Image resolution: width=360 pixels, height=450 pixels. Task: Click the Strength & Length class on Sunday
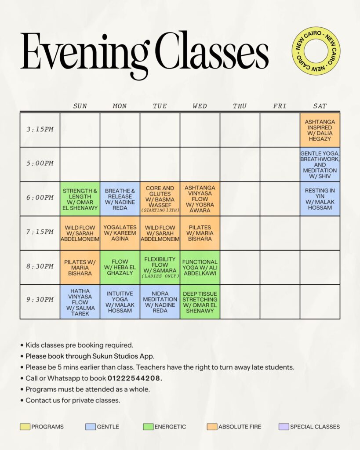tap(80, 199)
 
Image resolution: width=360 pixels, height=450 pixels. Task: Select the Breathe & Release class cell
tap(120, 199)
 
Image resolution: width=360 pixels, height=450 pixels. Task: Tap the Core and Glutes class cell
tap(160, 199)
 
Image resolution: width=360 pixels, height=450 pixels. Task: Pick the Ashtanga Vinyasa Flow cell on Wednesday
tap(200, 199)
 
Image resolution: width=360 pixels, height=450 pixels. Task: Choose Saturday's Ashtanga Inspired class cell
tap(320, 130)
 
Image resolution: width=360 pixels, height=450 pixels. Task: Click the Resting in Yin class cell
tap(320, 199)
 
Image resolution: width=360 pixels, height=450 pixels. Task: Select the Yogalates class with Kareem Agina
tap(120, 233)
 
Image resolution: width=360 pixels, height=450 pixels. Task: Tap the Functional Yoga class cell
tap(200, 268)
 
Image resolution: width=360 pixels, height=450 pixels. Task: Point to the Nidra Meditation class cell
tap(160, 302)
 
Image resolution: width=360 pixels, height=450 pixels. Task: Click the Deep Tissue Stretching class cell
tap(200, 302)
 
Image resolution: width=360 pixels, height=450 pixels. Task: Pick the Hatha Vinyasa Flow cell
tap(80, 302)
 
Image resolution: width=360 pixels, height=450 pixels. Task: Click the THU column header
tap(240, 106)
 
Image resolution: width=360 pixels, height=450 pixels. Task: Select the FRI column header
tap(280, 106)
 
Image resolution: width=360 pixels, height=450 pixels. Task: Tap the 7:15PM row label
tap(40, 232)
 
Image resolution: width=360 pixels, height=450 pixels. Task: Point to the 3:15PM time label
tap(40, 129)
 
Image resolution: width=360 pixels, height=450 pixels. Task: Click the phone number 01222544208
tap(135, 378)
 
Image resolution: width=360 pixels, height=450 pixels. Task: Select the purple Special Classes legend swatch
tap(284, 427)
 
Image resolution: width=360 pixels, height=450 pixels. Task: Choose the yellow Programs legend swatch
tap(25, 427)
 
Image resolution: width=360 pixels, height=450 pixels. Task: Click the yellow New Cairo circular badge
tap(316, 51)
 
